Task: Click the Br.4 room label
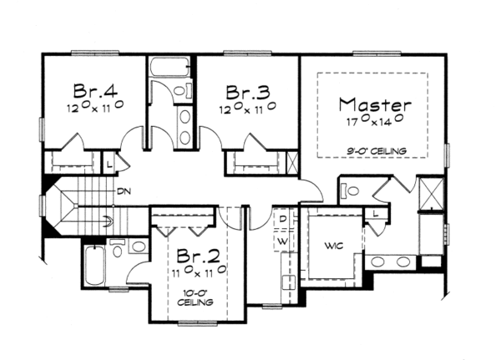[x=95, y=90]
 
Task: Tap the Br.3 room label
[x=248, y=92]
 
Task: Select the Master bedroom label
[x=375, y=104]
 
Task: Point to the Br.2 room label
[x=198, y=255]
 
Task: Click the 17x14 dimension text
[x=374, y=121]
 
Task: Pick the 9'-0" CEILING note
[x=377, y=150]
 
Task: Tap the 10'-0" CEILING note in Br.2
[x=195, y=297]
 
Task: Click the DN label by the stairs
[x=124, y=191]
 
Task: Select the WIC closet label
[x=333, y=246]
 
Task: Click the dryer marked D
[x=282, y=220]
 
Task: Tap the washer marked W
[x=282, y=241]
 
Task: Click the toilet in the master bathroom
[x=350, y=191]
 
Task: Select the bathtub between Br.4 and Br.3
[x=170, y=67]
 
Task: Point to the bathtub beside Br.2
[x=94, y=266]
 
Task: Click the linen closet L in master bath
[x=376, y=214]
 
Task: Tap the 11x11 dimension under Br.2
[x=200, y=271]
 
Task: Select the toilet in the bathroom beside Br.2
[x=117, y=249]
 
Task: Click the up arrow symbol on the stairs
[x=109, y=221]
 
